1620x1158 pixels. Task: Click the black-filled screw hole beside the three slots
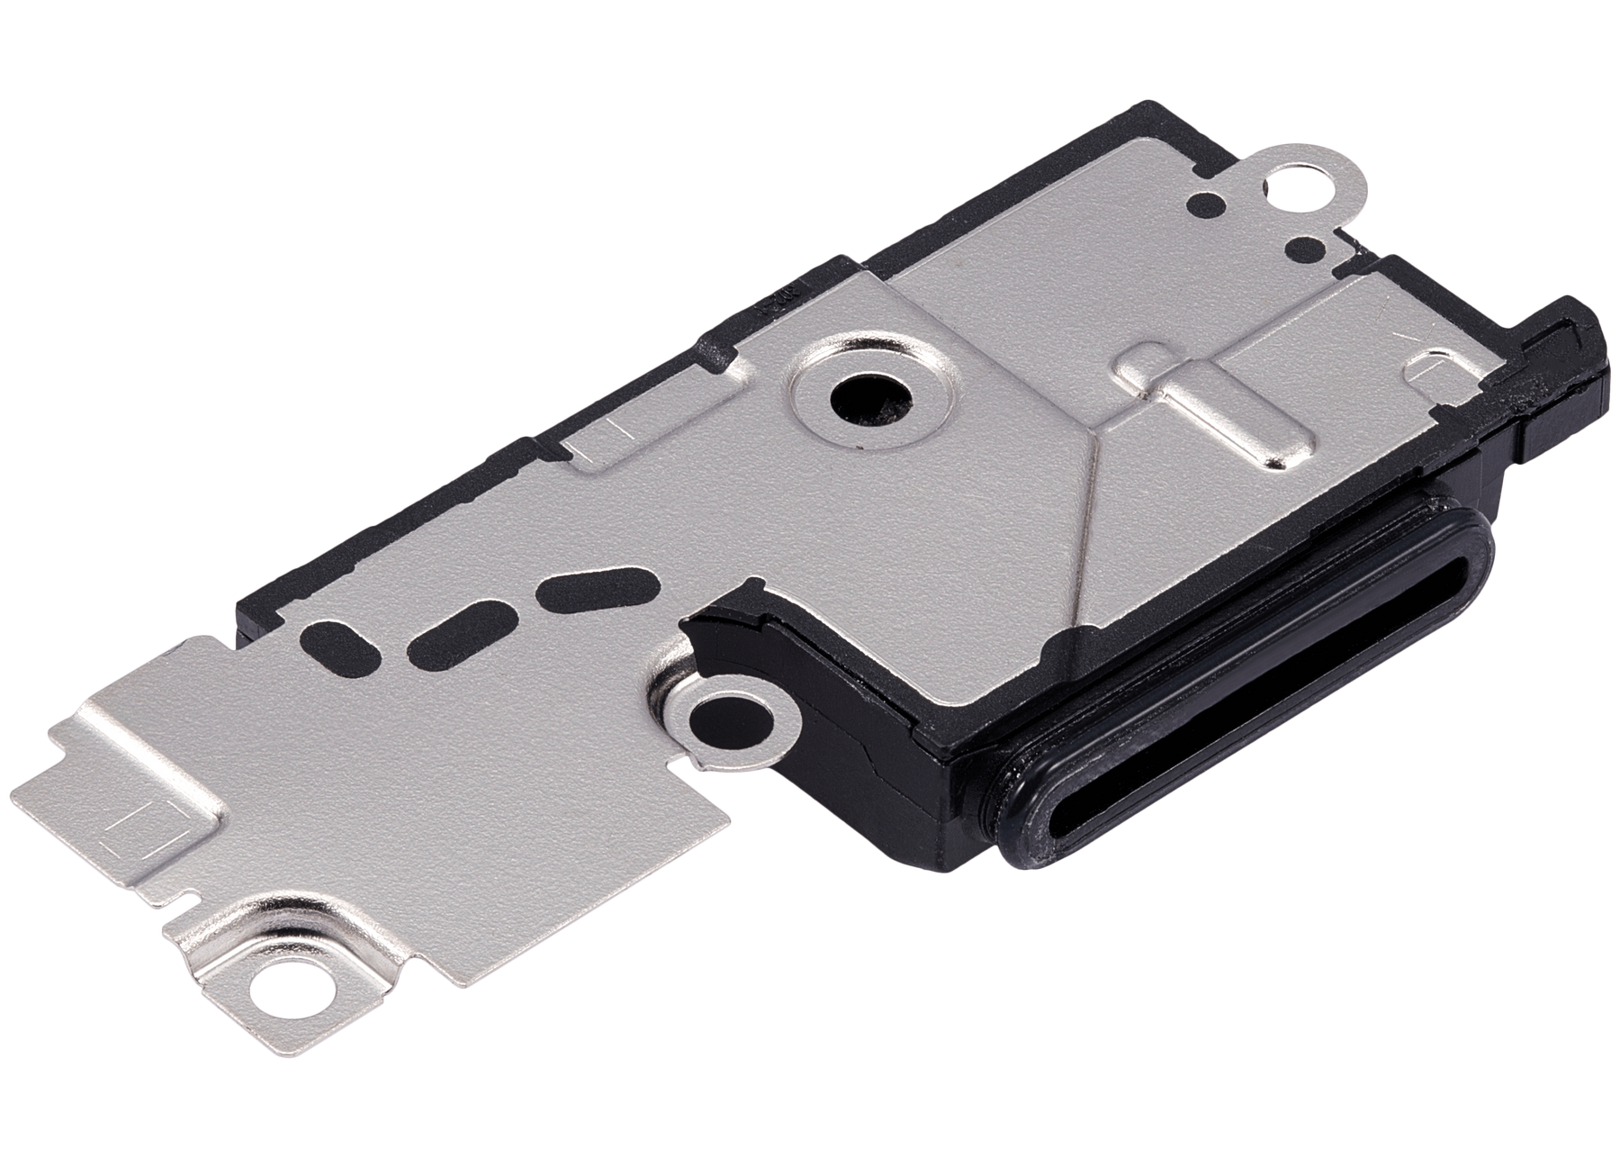[x=729, y=721]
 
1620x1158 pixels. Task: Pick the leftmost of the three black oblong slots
[x=335, y=640]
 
